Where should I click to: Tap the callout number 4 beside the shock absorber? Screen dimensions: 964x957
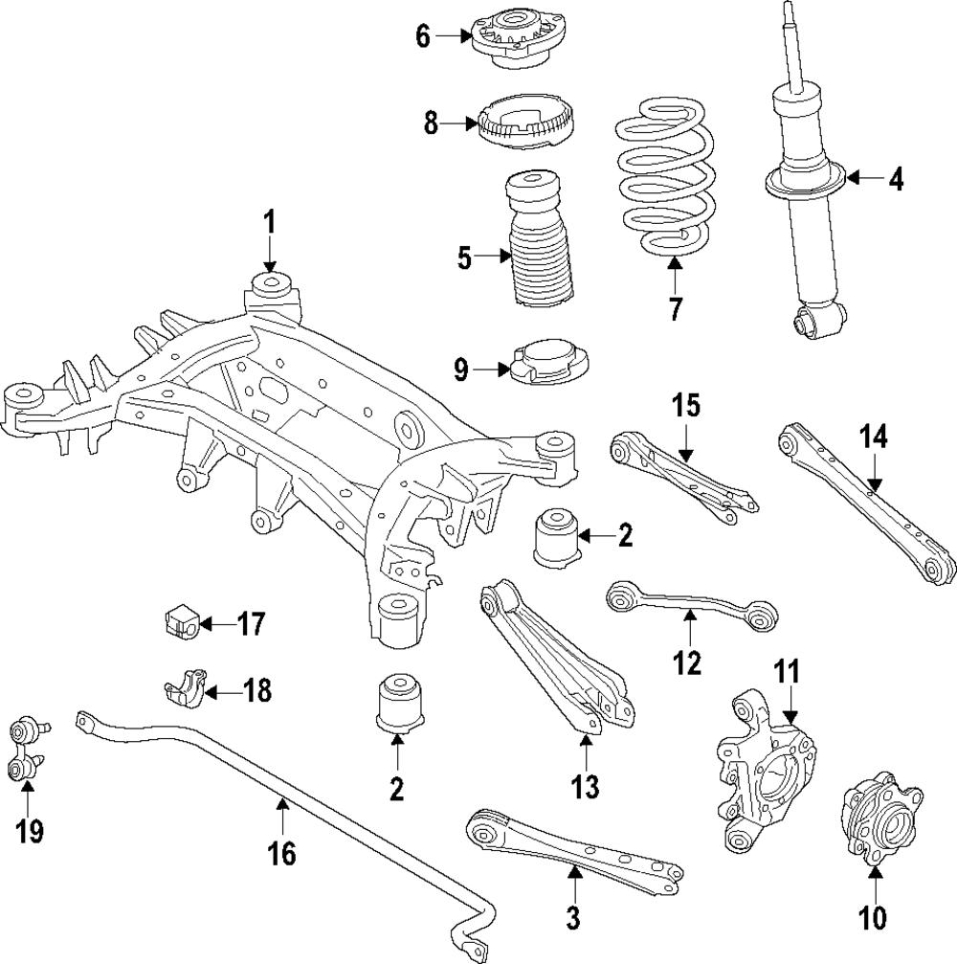(x=895, y=179)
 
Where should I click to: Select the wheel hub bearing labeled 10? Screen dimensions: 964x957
(x=880, y=814)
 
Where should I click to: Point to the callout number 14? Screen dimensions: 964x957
(x=873, y=437)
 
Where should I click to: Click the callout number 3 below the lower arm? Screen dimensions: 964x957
(x=573, y=919)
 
